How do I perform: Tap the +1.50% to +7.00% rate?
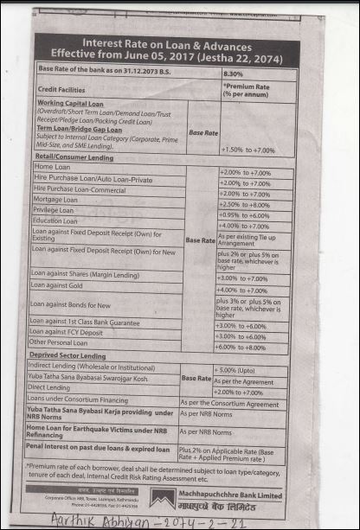click(x=247, y=150)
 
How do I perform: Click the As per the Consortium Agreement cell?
click(x=229, y=402)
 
